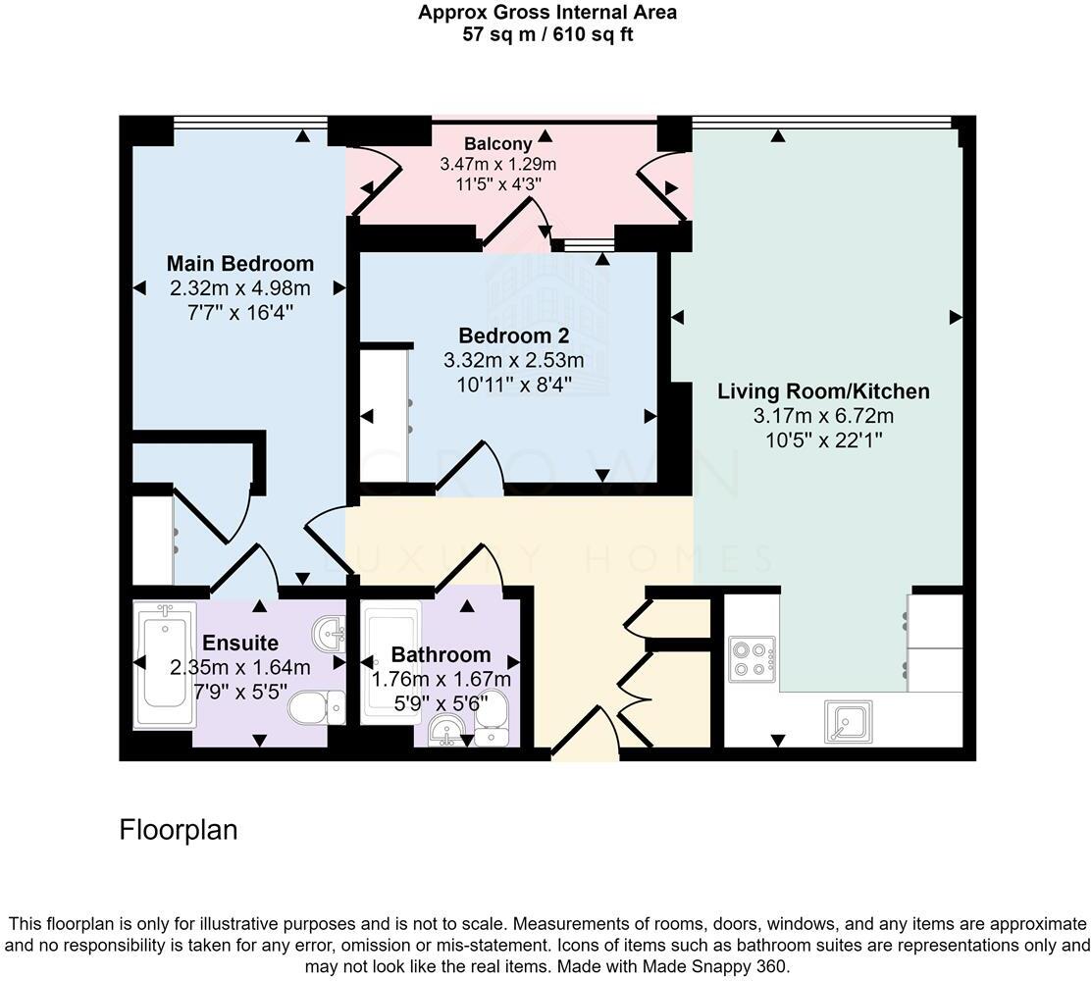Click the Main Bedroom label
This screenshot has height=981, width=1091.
coord(239,263)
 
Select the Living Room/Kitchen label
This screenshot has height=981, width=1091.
coord(823,391)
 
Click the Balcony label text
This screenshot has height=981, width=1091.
coord(498,144)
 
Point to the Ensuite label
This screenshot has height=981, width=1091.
coord(240,644)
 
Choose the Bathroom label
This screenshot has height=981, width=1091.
coord(441,654)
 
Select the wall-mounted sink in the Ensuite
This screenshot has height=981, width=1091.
coord(331,633)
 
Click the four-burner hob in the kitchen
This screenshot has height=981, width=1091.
coord(752,659)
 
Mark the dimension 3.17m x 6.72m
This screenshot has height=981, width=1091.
coord(823,416)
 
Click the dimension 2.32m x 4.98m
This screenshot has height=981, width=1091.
coord(239,288)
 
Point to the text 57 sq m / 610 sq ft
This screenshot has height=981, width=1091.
coord(546,33)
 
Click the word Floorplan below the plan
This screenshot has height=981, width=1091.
coord(179,830)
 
